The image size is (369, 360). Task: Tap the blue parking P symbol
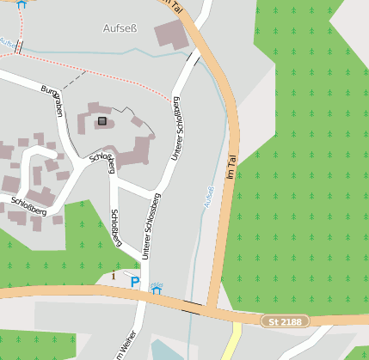[x=134, y=281]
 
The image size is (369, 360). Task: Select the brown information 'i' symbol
[x=114, y=276]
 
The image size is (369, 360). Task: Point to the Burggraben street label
[x=52, y=101]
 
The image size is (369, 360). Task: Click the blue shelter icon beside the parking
[x=156, y=289]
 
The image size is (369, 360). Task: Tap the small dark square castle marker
[x=102, y=121]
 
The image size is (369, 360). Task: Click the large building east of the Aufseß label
[x=170, y=35]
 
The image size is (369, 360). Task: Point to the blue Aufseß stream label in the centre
[x=206, y=197]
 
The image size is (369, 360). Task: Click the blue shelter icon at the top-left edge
[x=22, y=3]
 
